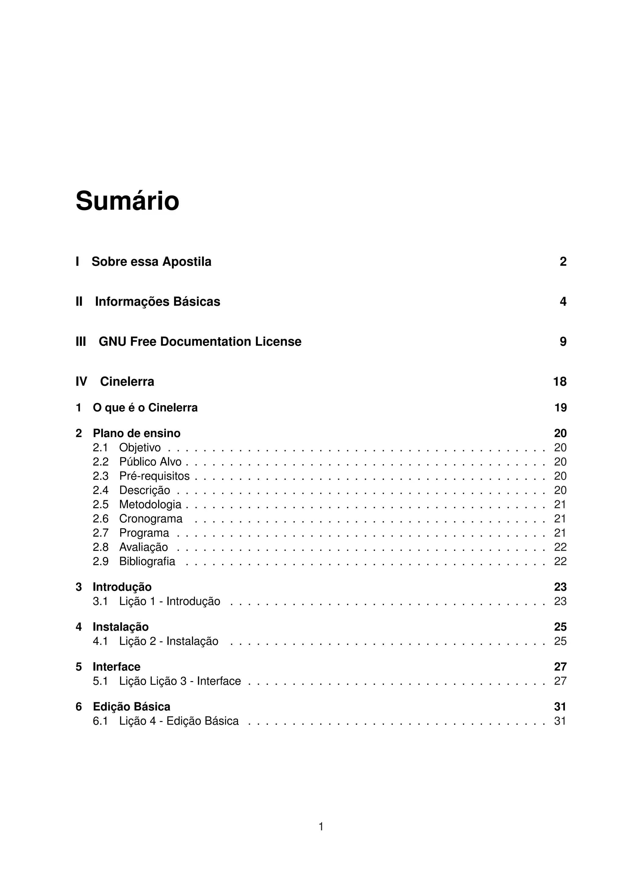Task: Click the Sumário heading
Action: point(128,201)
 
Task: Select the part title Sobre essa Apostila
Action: point(151,262)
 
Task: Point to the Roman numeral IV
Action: point(81,382)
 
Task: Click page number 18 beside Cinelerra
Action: point(560,382)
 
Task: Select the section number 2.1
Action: point(100,447)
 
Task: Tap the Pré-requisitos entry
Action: point(154,476)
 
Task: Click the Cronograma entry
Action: point(151,519)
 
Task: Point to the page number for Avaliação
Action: point(560,547)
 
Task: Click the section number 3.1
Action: point(100,602)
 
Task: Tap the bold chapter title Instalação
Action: point(121,627)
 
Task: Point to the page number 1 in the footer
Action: point(321,827)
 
